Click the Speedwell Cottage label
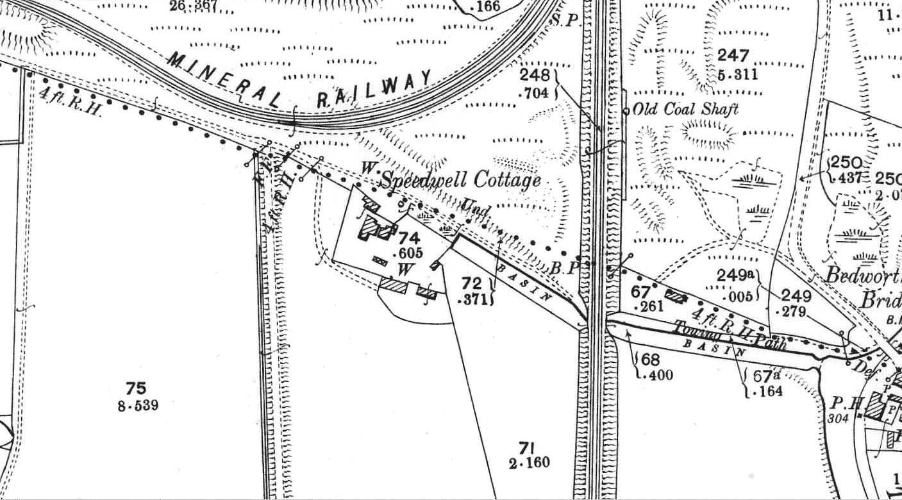pyautogui.click(x=461, y=181)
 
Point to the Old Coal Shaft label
pyautogui.click(x=685, y=110)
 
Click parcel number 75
pyautogui.click(x=136, y=388)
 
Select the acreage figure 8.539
pyautogui.click(x=138, y=406)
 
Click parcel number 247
pyautogui.click(x=733, y=56)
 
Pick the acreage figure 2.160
pyautogui.click(x=530, y=463)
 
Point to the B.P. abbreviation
pyautogui.click(x=565, y=269)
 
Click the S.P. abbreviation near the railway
pyautogui.click(x=564, y=20)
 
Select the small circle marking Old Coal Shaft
pyautogui.click(x=626, y=111)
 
